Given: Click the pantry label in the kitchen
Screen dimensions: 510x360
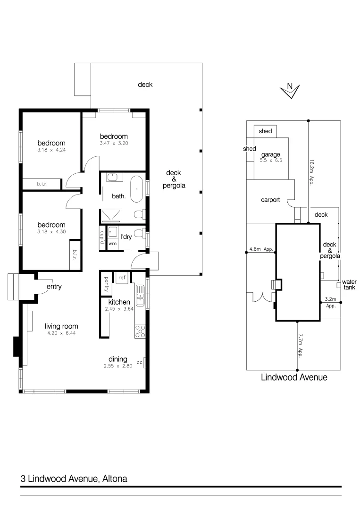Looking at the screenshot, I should pos(107,284).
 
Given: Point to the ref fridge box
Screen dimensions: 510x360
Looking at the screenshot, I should pos(122,278).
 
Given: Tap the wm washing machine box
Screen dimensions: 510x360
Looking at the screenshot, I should pos(112,244).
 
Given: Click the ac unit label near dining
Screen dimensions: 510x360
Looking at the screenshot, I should pos(139,362).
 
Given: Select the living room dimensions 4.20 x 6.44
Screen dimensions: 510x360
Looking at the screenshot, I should pos(61,333).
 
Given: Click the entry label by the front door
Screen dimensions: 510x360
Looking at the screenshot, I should pos(54,287).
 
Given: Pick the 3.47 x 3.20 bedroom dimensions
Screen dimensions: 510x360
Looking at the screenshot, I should pos(114,143).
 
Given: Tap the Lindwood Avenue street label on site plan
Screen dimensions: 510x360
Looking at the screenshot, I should pos(294,377).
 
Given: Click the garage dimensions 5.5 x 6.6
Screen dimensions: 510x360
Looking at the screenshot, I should pos(271,161).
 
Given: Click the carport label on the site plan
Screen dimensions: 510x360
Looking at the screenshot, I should pos(270,200).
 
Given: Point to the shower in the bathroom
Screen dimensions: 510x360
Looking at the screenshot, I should pos(112,216).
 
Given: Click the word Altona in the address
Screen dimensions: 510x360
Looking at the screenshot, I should pos(115,478).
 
